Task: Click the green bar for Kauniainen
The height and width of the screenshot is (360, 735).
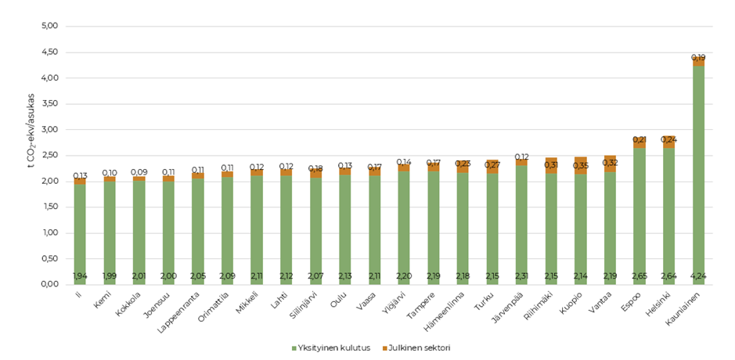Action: pyautogui.click(x=698, y=172)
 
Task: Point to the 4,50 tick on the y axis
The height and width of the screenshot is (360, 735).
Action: pyautogui.click(x=49, y=52)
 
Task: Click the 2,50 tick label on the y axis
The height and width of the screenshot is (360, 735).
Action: pyautogui.click(x=49, y=156)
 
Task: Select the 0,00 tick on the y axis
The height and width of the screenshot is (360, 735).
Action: pyautogui.click(x=49, y=284)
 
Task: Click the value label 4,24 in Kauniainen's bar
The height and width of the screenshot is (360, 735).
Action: pyautogui.click(x=698, y=276)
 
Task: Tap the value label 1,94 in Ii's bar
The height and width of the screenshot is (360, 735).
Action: pyautogui.click(x=80, y=276)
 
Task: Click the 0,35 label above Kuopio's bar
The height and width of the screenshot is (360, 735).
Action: pyautogui.click(x=580, y=165)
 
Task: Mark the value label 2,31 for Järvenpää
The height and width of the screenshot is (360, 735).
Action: pyautogui.click(x=521, y=276)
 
